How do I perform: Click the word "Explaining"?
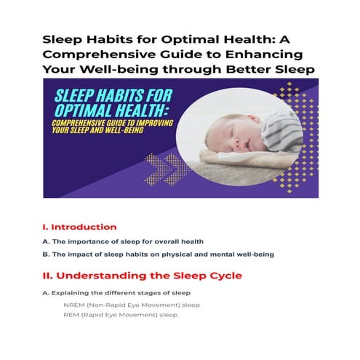[x=71, y=293]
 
